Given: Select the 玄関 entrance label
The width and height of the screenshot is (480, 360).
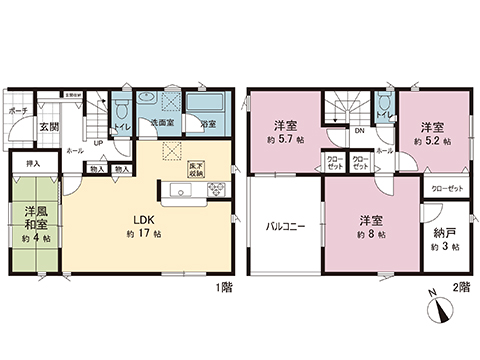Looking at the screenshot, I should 50,126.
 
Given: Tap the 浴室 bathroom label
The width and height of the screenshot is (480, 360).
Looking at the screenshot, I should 208,125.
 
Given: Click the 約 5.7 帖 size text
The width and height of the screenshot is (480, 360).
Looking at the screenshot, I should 284,141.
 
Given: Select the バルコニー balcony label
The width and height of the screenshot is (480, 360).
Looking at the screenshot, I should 285,226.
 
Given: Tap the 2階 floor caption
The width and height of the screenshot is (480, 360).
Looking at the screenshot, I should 461,287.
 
